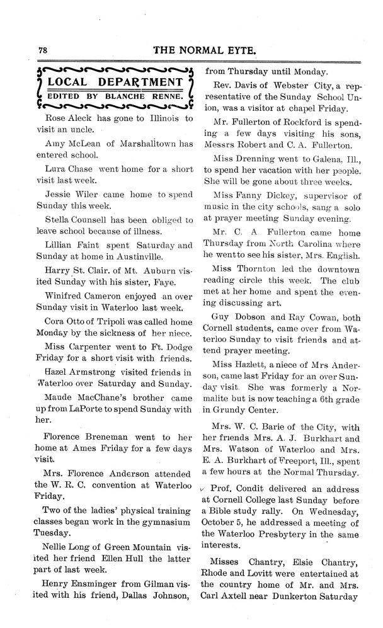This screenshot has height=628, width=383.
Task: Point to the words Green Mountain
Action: (x=137, y=545)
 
